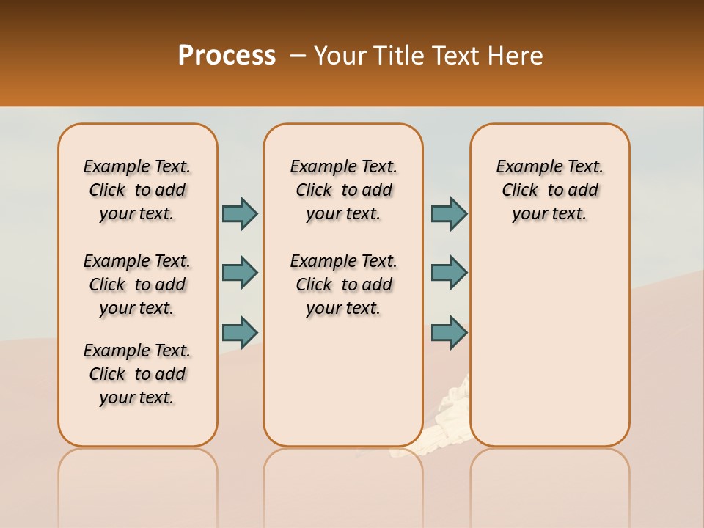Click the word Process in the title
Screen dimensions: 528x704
pyautogui.click(x=227, y=55)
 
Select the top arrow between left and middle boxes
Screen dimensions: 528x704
pyautogui.click(x=240, y=213)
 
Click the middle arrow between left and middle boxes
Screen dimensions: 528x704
pyautogui.click(x=240, y=273)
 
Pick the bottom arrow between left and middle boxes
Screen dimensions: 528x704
pyautogui.click(x=240, y=332)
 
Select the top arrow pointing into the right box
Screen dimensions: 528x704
pyautogui.click(x=449, y=213)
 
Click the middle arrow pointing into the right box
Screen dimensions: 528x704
pyautogui.click(x=449, y=273)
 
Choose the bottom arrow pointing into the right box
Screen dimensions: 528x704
pyautogui.click(x=449, y=332)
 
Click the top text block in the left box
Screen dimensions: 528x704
pyautogui.click(x=137, y=190)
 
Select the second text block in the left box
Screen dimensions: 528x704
pyautogui.click(x=137, y=285)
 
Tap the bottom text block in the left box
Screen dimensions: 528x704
pyautogui.click(x=137, y=374)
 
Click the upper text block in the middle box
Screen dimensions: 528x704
pyautogui.click(x=344, y=190)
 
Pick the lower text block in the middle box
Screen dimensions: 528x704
pyautogui.click(x=344, y=285)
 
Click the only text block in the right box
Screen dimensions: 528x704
pyautogui.click(x=550, y=190)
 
